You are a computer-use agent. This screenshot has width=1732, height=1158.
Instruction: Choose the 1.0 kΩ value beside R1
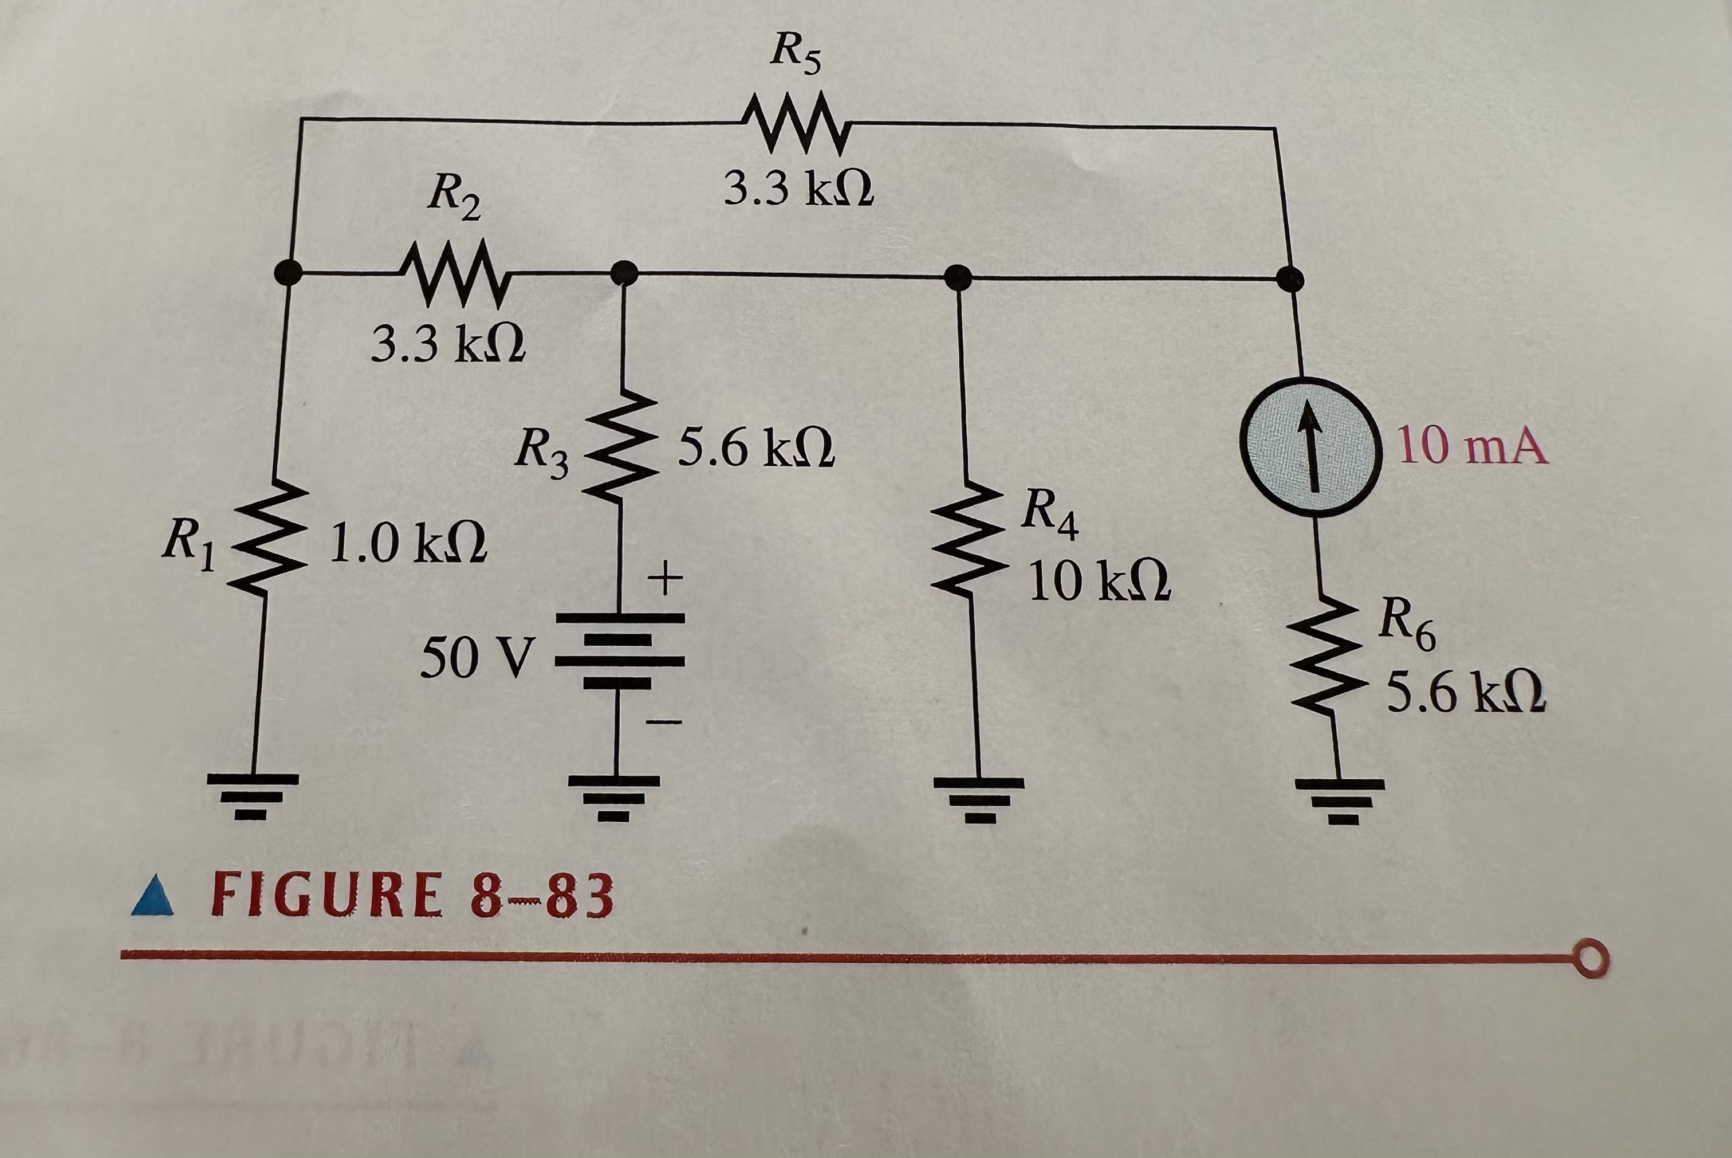click(x=408, y=544)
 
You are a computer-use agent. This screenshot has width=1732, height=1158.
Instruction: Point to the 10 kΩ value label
click(x=1099, y=581)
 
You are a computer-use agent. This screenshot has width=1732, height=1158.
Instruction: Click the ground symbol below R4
click(x=980, y=799)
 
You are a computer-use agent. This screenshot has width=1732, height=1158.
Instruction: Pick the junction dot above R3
click(x=624, y=273)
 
